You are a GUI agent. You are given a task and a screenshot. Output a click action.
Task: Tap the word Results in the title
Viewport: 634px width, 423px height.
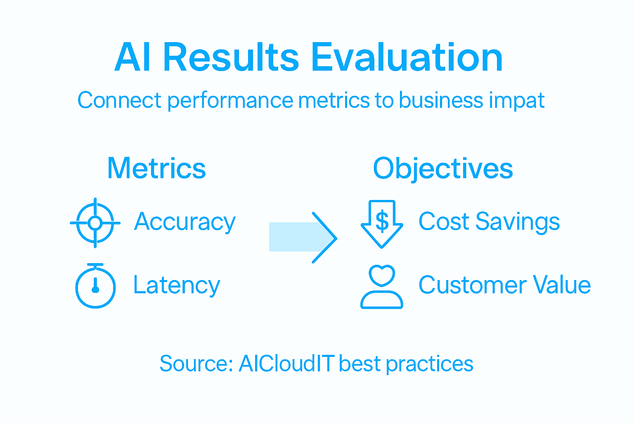click(231, 58)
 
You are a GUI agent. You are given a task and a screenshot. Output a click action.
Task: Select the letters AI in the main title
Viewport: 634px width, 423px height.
click(132, 58)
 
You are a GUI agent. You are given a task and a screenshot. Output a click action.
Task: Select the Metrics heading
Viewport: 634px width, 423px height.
click(156, 169)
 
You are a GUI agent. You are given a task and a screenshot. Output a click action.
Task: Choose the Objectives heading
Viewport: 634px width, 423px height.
click(442, 169)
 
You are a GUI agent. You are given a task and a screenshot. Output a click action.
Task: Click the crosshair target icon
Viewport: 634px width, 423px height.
click(95, 223)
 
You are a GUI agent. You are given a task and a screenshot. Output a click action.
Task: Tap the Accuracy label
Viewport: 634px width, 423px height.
click(185, 222)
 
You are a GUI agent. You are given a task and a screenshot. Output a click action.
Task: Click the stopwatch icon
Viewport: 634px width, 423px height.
click(95, 286)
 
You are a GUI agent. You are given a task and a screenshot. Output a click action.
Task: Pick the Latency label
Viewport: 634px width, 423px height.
click(177, 285)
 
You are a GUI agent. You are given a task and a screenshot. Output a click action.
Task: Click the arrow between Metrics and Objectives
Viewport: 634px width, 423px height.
click(303, 238)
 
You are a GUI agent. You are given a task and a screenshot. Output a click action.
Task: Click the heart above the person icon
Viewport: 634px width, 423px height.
click(382, 275)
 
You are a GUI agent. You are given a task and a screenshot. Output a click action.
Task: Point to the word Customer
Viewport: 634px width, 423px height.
click(472, 285)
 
